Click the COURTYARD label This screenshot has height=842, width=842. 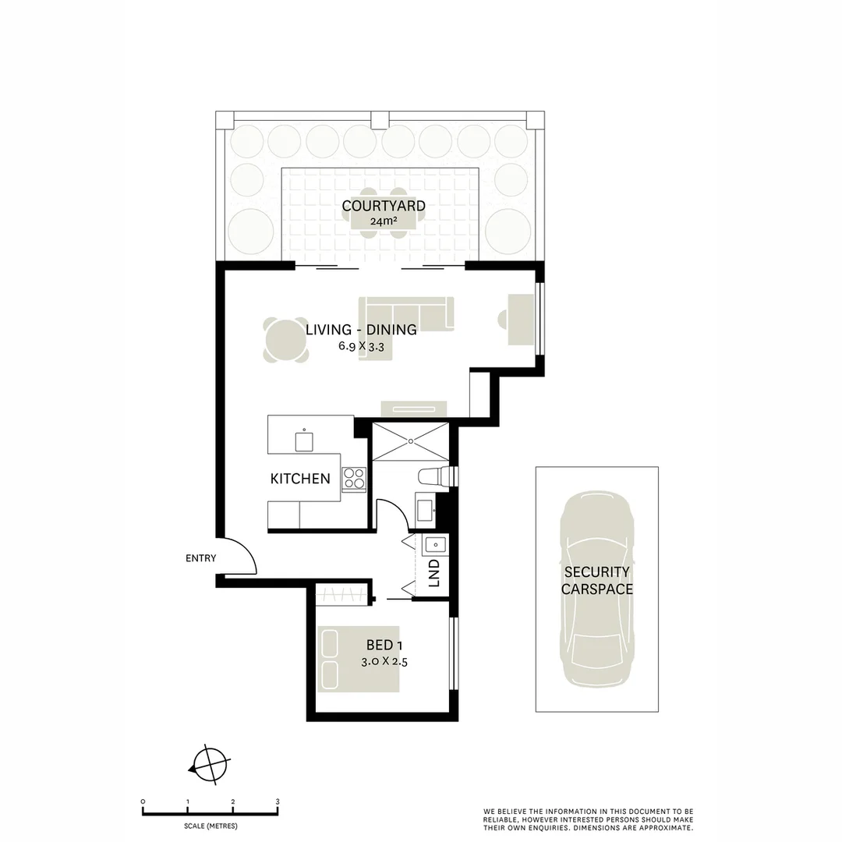click(384, 206)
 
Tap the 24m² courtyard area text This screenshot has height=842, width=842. click(384, 221)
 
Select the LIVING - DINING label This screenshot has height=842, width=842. click(361, 330)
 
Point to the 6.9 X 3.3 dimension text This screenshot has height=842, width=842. click(361, 347)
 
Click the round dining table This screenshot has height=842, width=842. click(285, 340)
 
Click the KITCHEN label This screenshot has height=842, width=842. click(300, 479)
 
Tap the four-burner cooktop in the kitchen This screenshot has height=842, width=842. click(353, 478)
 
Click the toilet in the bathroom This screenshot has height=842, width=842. click(431, 476)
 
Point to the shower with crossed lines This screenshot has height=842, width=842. click(410, 441)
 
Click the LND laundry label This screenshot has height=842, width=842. click(434, 573)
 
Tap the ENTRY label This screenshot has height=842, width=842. click(200, 558)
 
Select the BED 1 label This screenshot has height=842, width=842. click(384, 646)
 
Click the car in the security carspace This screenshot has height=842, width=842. click(596, 589)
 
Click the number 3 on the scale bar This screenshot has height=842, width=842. click(278, 801)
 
